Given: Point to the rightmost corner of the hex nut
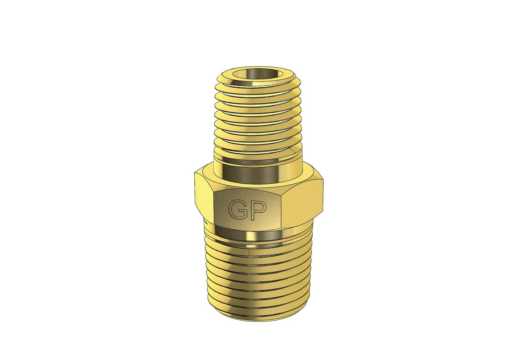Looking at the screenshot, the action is point(323,181).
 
